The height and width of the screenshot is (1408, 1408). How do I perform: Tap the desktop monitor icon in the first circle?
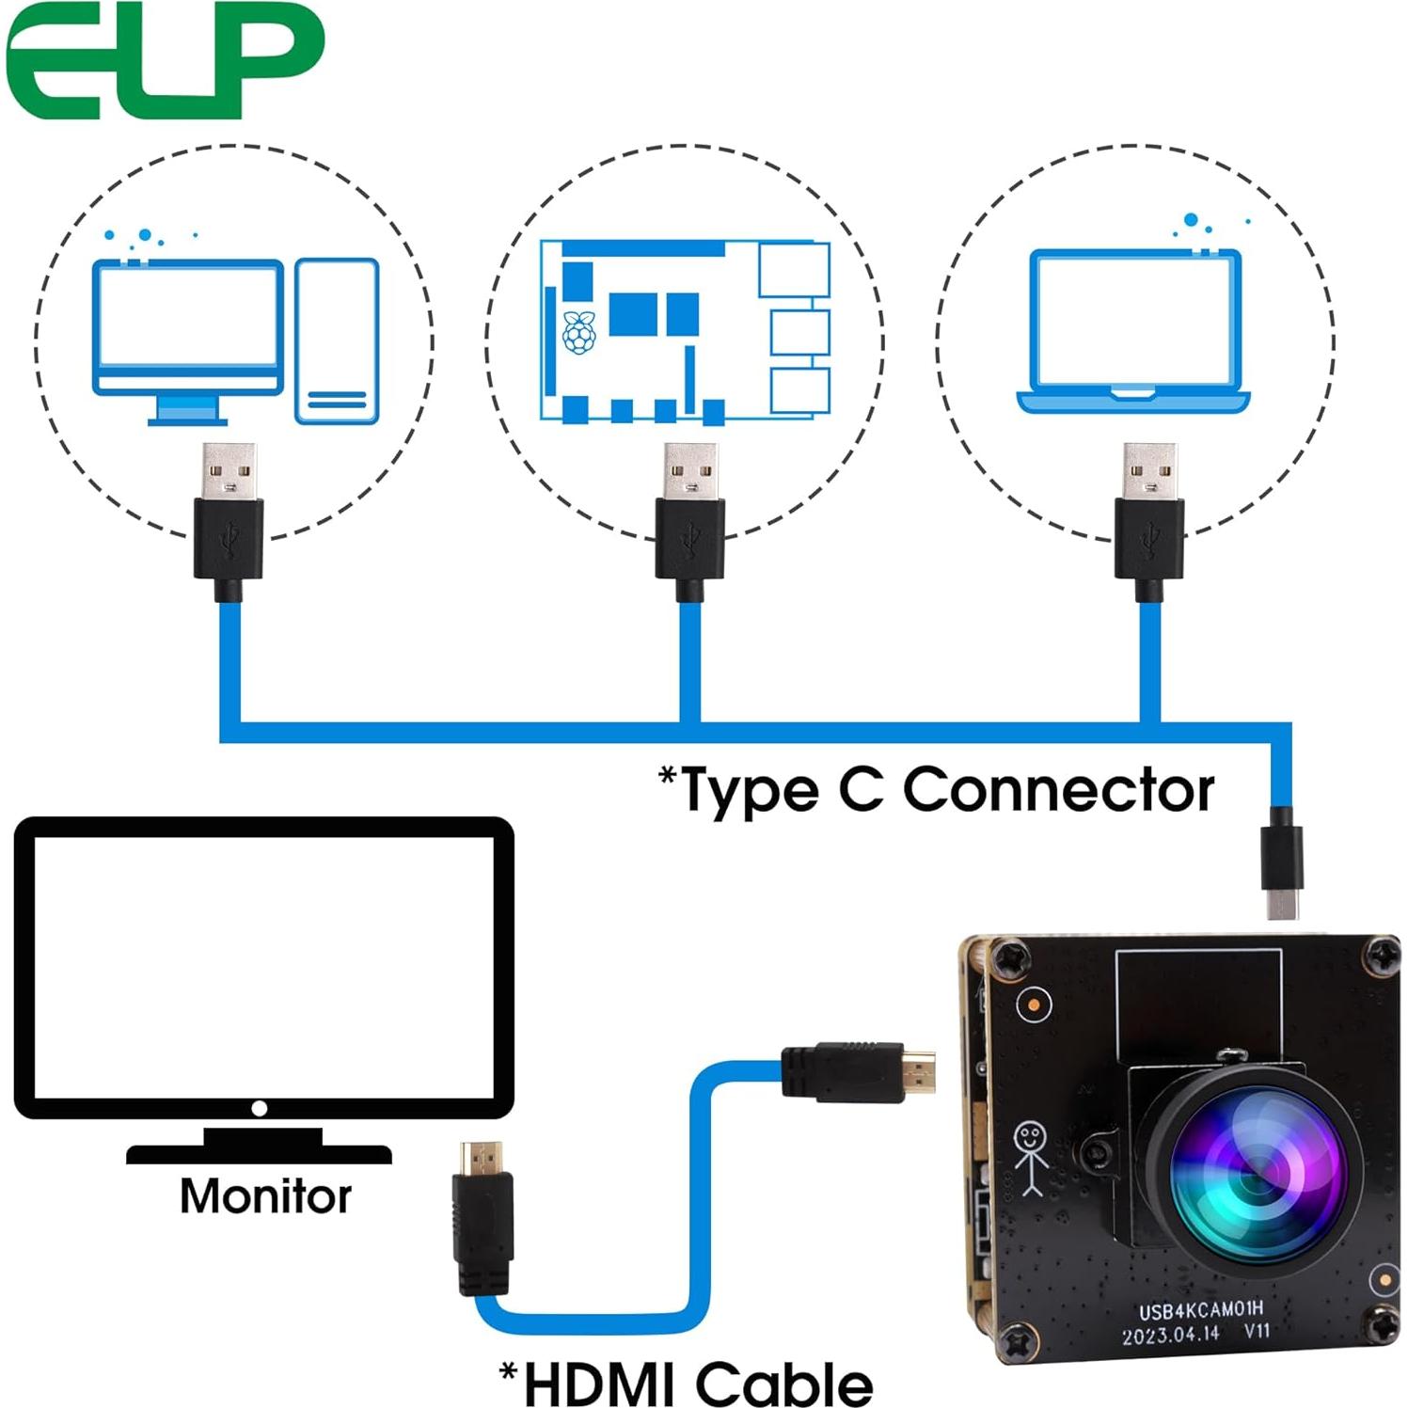187,334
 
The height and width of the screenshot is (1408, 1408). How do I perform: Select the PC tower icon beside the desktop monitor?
337,340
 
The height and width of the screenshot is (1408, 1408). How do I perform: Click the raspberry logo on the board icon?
578,332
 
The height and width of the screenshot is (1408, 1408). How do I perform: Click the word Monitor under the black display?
265,1196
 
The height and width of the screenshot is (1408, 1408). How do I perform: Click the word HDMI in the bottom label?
602,1384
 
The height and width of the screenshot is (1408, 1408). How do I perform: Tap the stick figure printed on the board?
1030,1158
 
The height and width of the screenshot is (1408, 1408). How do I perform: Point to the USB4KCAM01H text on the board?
1201,1310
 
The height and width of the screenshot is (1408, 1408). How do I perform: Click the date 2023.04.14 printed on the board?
1170,1334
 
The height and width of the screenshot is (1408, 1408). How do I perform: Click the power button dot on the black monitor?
260,1109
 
